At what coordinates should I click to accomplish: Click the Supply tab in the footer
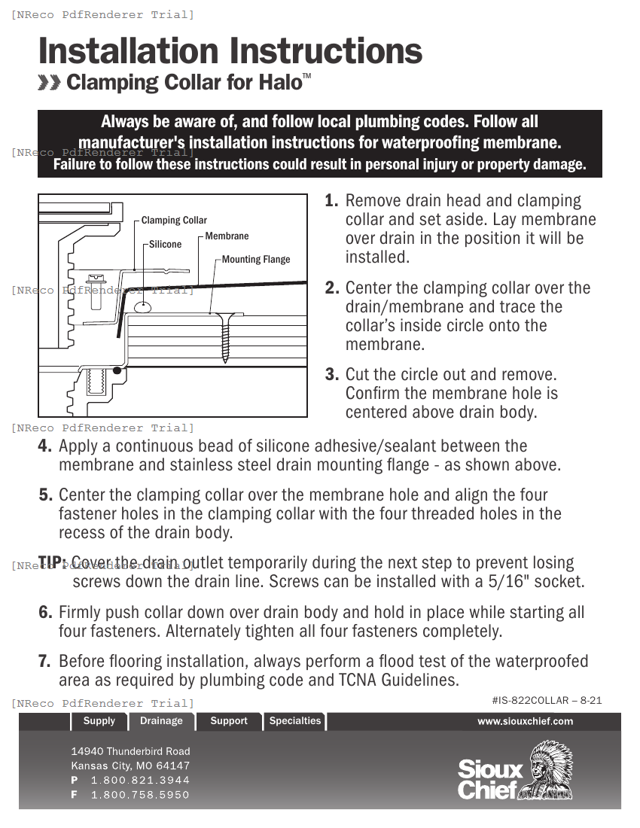99,721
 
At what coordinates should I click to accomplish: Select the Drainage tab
161,721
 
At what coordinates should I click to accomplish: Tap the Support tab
229,721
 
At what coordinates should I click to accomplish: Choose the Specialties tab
295,721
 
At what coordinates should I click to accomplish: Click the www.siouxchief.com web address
525,721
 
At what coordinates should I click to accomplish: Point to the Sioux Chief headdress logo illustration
548,769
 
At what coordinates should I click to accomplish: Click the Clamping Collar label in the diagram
174,221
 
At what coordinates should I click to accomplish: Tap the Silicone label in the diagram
165,245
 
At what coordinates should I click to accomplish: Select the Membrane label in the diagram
227,236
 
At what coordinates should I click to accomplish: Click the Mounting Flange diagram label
256,260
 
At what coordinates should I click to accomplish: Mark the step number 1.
331,202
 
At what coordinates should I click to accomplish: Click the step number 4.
45,446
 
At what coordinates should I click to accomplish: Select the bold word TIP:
53,563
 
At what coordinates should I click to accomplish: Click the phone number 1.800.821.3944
140,781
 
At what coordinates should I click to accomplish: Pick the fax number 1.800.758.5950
140,795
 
